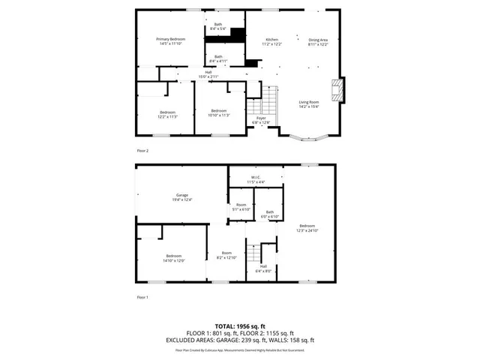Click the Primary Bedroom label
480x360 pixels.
171,39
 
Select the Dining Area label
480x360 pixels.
319,39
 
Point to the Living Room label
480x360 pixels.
309,102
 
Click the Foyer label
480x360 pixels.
261,118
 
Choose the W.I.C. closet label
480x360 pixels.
256,178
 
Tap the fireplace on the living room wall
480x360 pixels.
341,90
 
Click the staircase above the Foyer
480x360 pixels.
269,98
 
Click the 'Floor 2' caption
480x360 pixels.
142,151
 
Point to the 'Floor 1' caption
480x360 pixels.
142,298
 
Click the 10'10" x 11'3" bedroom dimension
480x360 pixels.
220,115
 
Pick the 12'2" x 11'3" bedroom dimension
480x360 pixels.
166,115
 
